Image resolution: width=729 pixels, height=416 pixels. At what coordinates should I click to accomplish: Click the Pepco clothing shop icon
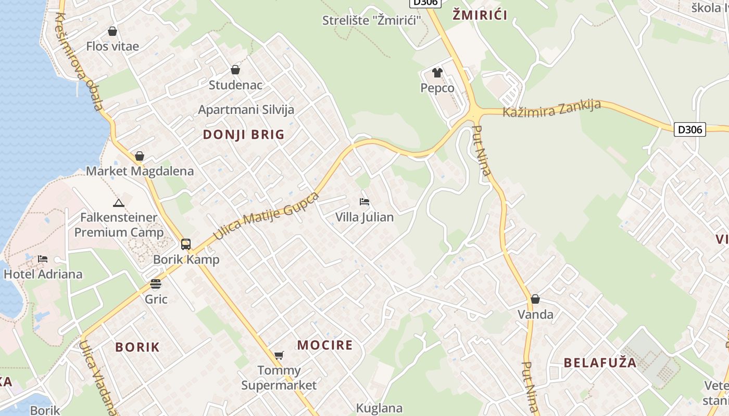[437, 73]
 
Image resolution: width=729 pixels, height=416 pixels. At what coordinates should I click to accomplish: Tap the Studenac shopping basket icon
[235, 70]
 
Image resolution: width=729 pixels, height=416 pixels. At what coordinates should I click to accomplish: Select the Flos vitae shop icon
[112, 31]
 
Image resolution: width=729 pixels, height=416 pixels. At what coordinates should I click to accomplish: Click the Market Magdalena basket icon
[140, 156]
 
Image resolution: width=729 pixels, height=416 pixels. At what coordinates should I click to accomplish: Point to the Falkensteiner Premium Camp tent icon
[119, 203]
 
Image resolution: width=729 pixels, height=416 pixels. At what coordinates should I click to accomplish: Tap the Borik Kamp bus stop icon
[186, 244]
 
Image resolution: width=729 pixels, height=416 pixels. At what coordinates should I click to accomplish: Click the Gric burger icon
[156, 284]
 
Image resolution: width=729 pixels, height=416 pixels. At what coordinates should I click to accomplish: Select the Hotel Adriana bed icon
[43, 258]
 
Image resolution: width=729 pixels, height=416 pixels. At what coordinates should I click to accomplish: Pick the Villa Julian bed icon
[364, 201]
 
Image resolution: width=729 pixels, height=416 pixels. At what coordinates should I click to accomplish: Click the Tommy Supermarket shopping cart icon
[279, 356]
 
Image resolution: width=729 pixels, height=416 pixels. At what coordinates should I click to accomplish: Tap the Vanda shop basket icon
[535, 299]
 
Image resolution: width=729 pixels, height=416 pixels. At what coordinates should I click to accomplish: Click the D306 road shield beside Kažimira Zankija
[690, 129]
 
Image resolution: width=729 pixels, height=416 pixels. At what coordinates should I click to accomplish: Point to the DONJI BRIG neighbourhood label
[244, 135]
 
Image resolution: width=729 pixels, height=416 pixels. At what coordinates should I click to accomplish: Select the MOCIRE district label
[325, 345]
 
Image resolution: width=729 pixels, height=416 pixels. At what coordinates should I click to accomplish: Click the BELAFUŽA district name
[600, 362]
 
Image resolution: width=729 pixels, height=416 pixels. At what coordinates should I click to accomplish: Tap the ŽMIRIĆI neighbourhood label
[480, 15]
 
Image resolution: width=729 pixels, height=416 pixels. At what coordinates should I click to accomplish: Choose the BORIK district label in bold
[137, 347]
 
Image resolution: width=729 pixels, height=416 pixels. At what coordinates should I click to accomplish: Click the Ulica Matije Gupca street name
[266, 216]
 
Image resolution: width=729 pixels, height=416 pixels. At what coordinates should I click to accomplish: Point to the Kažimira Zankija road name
[551, 109]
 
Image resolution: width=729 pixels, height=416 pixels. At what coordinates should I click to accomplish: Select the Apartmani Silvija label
[246, 110]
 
